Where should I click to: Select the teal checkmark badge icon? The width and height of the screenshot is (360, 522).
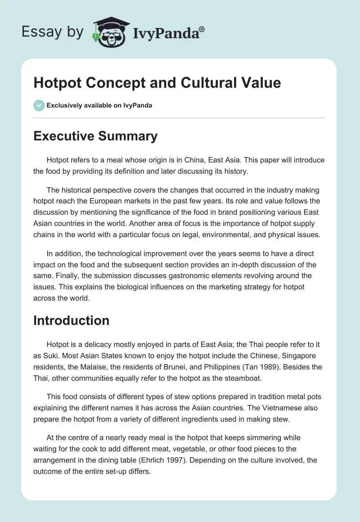[x=39, y=105]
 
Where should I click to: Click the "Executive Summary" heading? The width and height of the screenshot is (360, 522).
[x=95, y=136]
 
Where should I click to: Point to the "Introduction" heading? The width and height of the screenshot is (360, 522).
[x=71, y=320]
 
